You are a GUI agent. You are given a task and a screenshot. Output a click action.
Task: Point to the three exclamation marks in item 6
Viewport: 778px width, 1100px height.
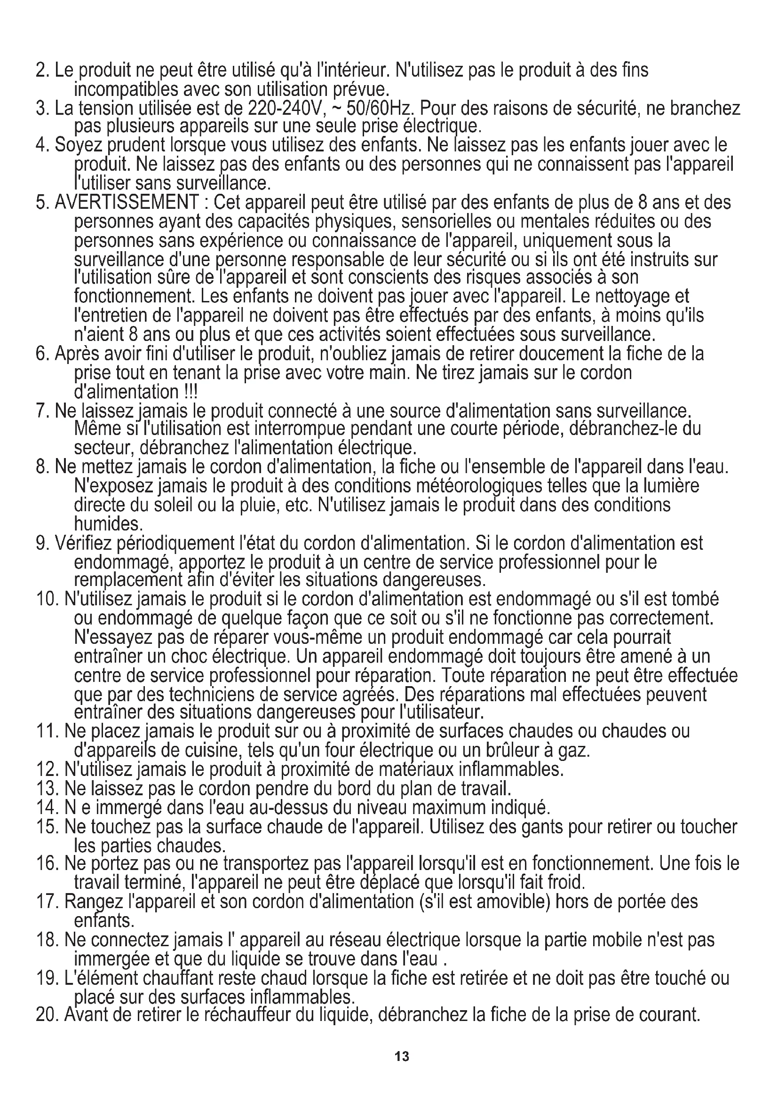[190, 392]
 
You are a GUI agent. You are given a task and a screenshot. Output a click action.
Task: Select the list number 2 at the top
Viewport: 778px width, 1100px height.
[41, 71]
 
